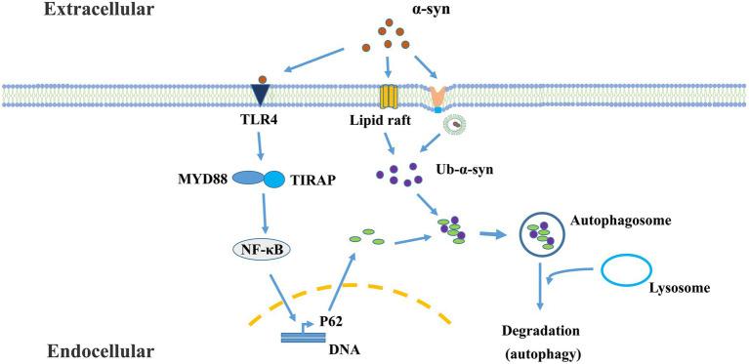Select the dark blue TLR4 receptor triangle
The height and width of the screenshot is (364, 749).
pos(260,94)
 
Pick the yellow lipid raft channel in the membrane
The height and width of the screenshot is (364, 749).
pos(389,96)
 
